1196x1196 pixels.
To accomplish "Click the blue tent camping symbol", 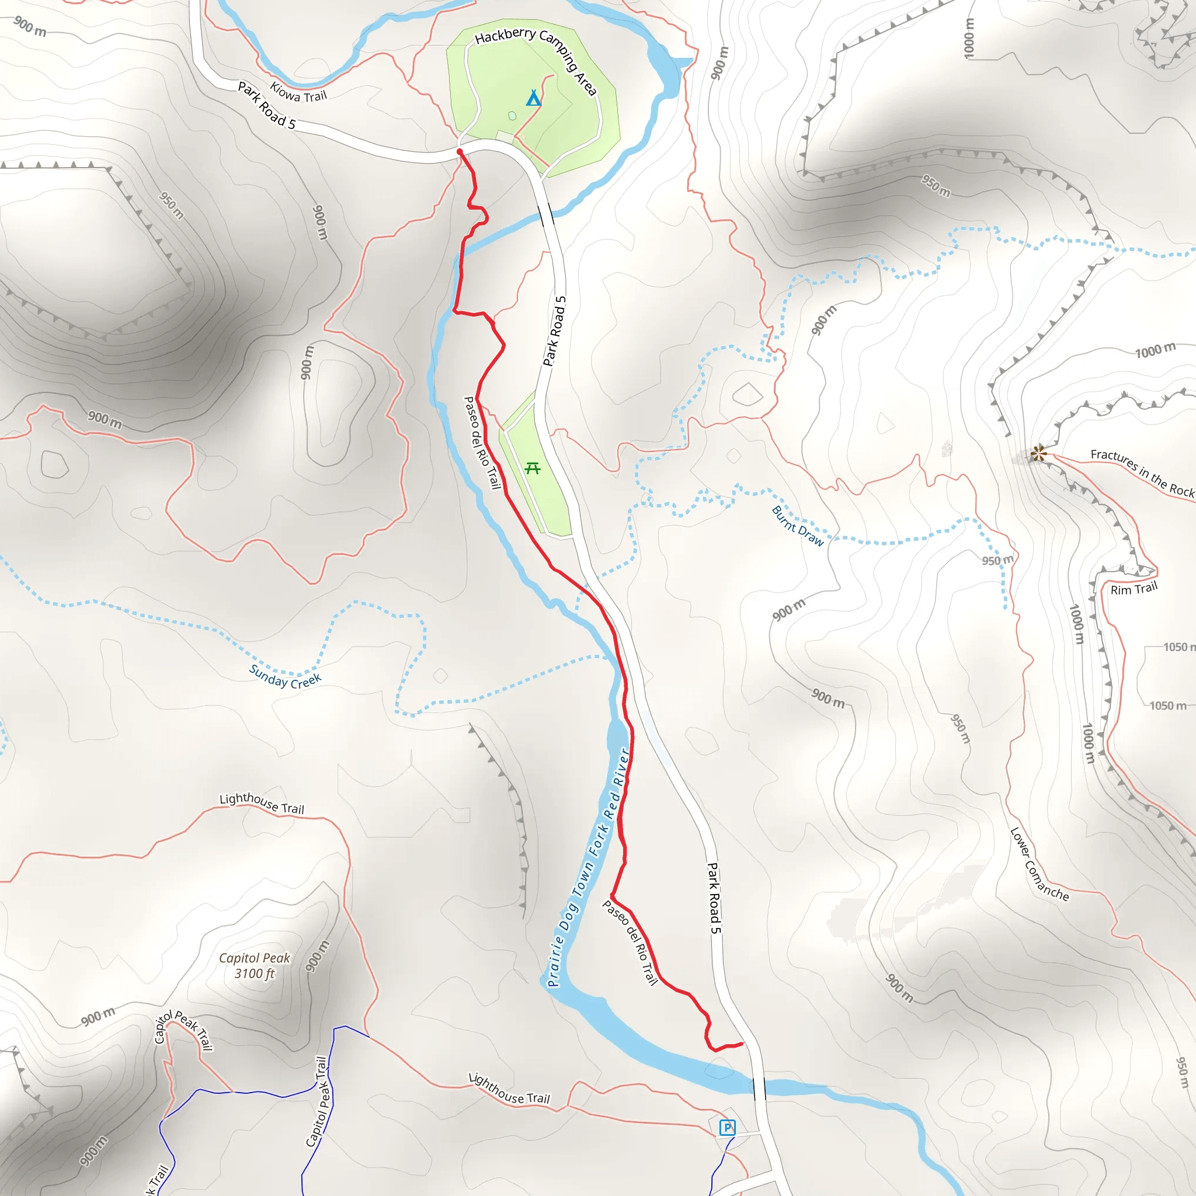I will tap(534, 98).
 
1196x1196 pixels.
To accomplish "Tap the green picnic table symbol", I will tap(533, 468).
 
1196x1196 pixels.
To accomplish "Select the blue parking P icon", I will tap(728, 1127).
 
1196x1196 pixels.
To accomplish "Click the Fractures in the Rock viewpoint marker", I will tap(1039, 454).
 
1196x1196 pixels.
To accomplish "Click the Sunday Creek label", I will tap(286, 676).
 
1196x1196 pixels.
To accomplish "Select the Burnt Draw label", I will tap(798, 526).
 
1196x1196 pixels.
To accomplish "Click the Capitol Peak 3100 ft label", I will tap(255, 965).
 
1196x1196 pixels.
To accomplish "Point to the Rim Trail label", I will tap(1134, 589).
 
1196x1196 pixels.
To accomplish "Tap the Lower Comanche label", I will tap(1039, 864).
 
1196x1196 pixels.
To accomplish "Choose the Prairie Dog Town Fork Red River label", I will tap(589, 867).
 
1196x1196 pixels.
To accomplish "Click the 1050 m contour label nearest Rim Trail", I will tap(1178, 647).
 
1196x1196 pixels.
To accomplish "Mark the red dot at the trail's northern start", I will tap(460, 152).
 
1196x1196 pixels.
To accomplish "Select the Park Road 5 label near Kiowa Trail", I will tap(267, 106).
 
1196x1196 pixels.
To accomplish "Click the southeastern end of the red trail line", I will tap(742, 1044).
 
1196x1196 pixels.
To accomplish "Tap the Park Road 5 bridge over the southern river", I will tap(759, 1089).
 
